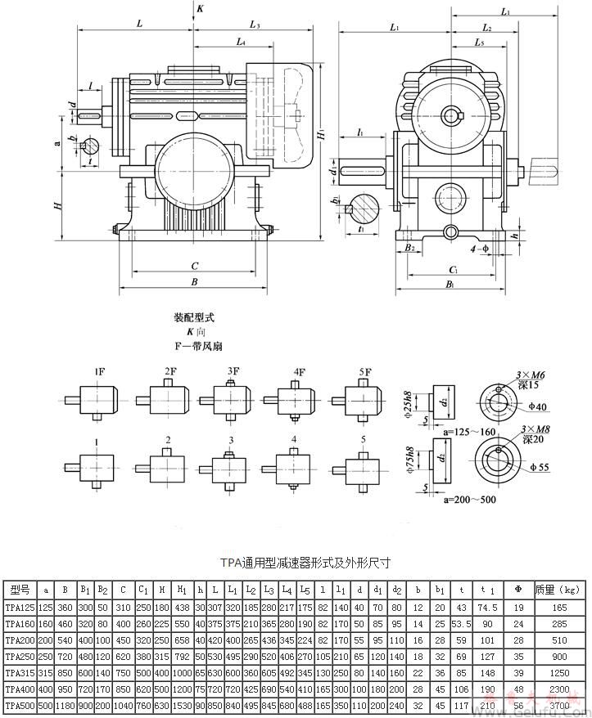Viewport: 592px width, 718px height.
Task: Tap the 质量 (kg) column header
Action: coord(556,588)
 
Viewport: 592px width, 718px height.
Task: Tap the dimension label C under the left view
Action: coord(194,265)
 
